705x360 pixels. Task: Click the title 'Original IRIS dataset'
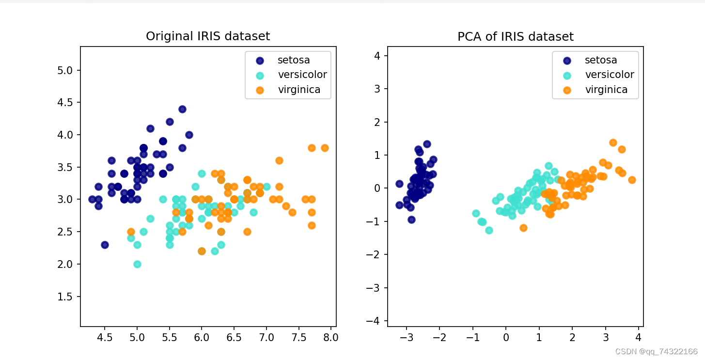pos(208,36)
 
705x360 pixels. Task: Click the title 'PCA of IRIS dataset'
pos(516,37)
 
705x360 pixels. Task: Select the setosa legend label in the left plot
pos(294,60)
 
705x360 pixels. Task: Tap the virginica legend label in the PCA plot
pos(606,89)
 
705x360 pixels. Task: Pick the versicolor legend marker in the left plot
pos(260,75)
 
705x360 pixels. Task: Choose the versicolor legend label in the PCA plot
pos(610,75)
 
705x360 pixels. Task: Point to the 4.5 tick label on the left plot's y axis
pos(65,103)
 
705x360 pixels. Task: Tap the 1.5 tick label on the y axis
pos(65,297)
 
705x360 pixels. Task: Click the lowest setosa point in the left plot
pos(105,245)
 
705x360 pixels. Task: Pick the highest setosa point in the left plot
pos(182,109)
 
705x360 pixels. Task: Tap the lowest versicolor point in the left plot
pos(137,264)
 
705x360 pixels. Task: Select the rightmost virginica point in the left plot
pos(325,148)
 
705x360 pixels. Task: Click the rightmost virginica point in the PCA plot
pos(632,180)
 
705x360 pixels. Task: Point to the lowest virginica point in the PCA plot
pos(523,228)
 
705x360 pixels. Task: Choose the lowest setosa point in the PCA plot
pos(411,219)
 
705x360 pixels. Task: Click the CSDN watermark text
pos(656,352)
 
